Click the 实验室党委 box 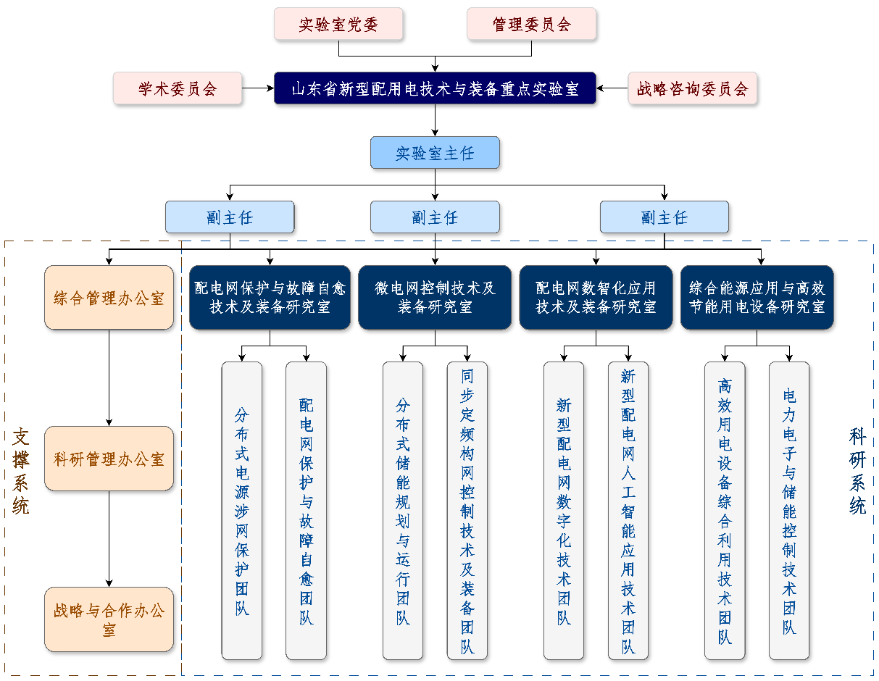click(338, 24)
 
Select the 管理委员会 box click(531, 24)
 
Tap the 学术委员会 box click(177, 88)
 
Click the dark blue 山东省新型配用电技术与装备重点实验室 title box click(435, 88)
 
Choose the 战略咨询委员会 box click(692, 88)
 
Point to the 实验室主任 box click(435, 153)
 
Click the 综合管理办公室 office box click(109, 298)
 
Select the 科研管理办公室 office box click(109, 459)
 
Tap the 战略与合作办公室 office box click(109, 619)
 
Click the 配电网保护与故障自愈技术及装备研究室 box click(270, 298)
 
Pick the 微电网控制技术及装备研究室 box click(435, 298)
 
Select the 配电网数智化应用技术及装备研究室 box click(596, 298)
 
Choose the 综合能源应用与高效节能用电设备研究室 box click(757, 298)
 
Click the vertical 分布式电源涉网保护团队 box click(241, 511)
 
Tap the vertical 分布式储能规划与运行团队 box click(402, 511)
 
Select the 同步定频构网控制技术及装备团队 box click(467, 511)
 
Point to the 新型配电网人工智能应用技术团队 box click(628, 511)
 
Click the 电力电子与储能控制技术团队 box click(788, 511)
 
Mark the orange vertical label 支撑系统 click(20, 471)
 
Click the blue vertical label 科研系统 click(857, 471)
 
